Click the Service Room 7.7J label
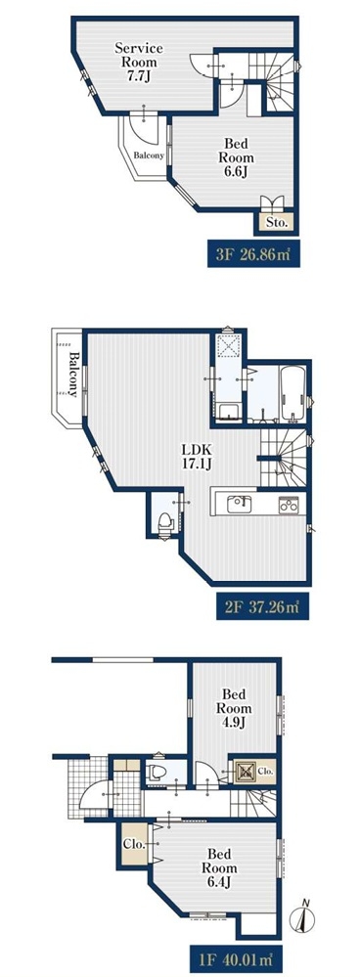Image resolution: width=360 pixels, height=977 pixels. tap(139, 63)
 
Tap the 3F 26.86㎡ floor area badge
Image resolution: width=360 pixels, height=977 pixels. tap(253, 255)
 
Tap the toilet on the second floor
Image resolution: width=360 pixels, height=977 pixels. tap(165, 523)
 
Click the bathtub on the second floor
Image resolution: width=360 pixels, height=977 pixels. tap(292, 393)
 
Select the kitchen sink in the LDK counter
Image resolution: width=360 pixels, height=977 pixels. tap(238, 503)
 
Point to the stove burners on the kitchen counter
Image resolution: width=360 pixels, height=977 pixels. tap(289, 505)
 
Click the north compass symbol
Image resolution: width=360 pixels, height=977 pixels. tap(302, 918)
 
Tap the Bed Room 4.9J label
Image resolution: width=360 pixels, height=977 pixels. tap(234, 708)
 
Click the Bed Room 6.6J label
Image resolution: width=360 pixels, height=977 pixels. tap(236, 158)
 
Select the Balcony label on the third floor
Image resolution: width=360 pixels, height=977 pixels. tap(149, 155)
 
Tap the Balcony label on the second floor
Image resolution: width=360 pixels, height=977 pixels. tap(72, 375)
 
